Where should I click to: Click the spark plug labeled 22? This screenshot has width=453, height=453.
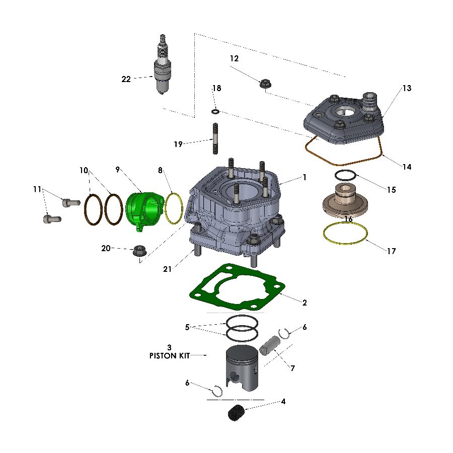pyautogui.click(x=163, y=70)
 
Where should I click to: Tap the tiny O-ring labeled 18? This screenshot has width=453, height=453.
pyautogui.click(x=215, y=111)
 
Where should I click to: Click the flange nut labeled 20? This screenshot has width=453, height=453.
pyautogui.click(x=137, y=250)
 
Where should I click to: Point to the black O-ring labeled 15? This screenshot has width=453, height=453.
pyautogui.click(x=345, y=176)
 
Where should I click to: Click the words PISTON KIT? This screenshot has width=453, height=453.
pyautogui.click(x=169, y=355)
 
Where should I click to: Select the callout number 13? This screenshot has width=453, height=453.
pyautogui.click(x=407, y=88)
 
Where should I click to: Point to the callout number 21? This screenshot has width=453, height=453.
pyautogui.click(x=167, y=269)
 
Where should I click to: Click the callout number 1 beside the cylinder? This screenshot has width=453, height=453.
pyautogui.click(x=304, y=177)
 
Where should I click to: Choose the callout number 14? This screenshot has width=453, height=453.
pyautogui.click(x=407, y=167)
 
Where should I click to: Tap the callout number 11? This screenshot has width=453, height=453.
pyautogui.click(x=37, y=189)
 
